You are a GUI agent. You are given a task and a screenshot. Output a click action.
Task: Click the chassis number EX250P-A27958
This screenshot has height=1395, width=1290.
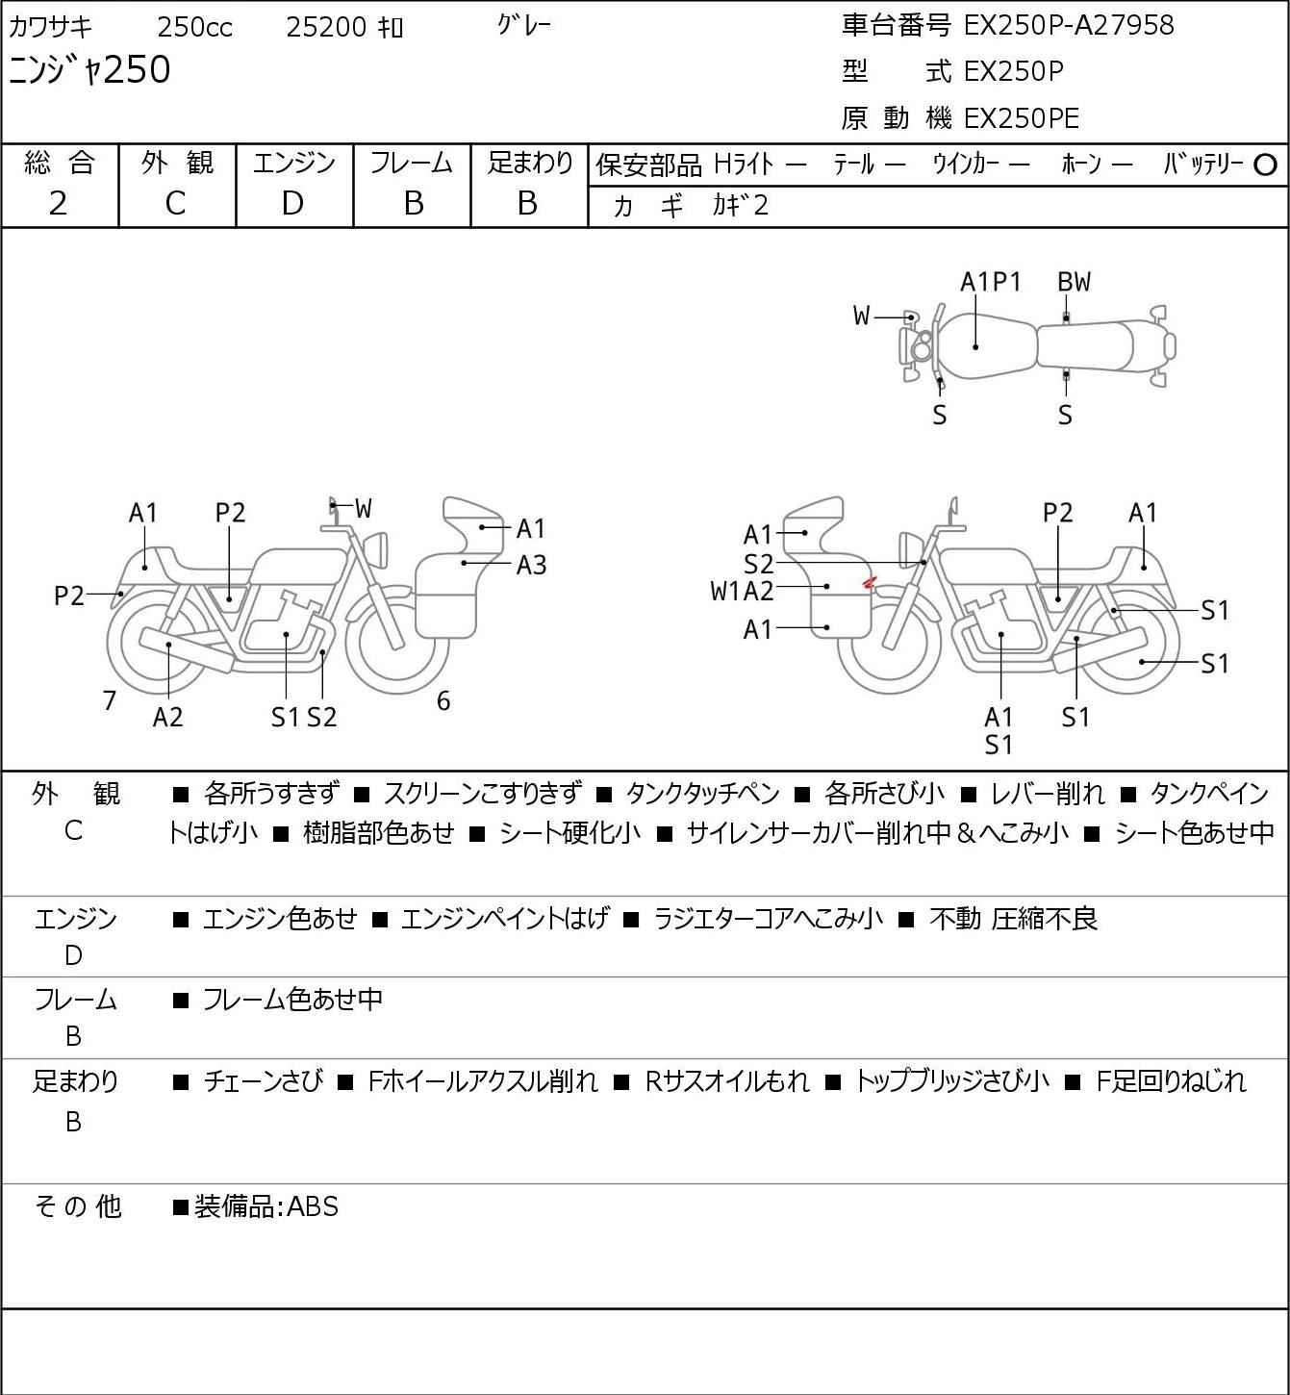(x=1068, y=25)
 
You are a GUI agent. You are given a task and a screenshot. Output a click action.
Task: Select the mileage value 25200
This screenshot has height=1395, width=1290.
(x=327, y=27)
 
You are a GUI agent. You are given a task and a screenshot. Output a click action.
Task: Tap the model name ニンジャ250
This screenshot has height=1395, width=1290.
(x=89, y=70)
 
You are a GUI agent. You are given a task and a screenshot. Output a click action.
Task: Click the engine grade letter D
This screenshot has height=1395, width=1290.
(x=292, y=203)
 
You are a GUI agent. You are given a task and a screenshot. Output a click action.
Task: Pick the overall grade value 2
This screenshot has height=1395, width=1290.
(x=59, y=203)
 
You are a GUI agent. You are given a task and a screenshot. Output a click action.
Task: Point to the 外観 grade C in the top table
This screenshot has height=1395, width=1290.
(x=175, y=203)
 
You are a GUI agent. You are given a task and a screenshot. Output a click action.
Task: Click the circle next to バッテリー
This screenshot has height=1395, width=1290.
(x=1265, y=165)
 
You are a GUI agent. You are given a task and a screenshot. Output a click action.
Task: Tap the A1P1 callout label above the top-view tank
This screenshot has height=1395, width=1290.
(x=991, y=282)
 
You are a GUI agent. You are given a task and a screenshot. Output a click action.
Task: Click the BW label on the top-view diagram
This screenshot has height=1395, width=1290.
(x=1074, y=282)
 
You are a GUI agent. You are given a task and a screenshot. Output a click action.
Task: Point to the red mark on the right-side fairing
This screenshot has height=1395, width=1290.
(x=868, y=581)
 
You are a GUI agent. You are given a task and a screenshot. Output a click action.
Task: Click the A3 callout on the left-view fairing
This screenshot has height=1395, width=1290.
(x=531, y=565)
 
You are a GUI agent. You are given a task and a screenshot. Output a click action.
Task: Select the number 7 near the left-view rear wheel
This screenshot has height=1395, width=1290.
(x=110, y=701)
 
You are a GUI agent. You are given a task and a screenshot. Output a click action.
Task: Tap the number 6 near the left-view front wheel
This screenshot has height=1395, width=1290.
(x=443, y=701)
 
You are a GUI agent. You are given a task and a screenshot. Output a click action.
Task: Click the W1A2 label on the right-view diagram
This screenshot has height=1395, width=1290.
(x=742, y=591)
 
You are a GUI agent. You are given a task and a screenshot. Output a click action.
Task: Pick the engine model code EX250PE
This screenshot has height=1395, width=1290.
(x=1021, y=118)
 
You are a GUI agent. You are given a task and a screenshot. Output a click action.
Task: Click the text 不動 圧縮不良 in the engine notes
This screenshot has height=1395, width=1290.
(x=1013, y=919)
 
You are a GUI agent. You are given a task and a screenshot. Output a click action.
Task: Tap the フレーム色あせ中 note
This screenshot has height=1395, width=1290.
(x=291, y=1000)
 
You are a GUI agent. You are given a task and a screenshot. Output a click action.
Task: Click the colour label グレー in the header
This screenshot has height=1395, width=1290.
(x=524, y=25)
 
